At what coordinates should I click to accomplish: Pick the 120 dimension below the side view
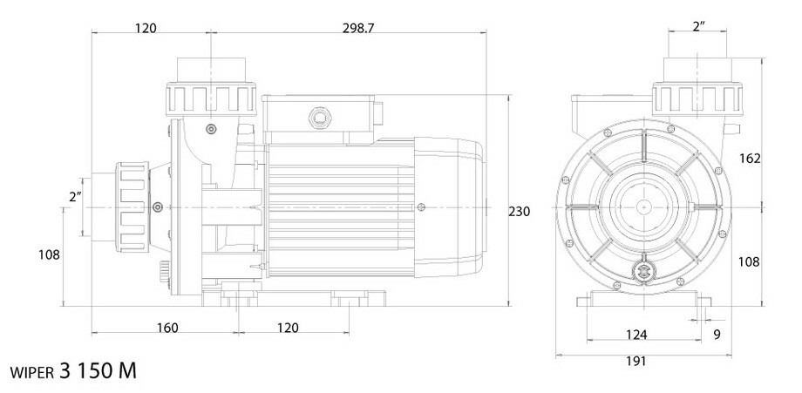(288, 328)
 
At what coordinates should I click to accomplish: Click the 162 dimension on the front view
(751, 159)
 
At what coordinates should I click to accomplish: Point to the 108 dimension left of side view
(49, 255)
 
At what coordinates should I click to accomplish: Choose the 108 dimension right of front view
(751, 261)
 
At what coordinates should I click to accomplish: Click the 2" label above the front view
(698, 28)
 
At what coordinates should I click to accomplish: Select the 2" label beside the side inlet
(76, 198)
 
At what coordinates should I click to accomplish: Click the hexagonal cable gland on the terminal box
(319, 116)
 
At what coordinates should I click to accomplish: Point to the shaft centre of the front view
(644, 207)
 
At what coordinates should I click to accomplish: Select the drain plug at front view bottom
(645, 271)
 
